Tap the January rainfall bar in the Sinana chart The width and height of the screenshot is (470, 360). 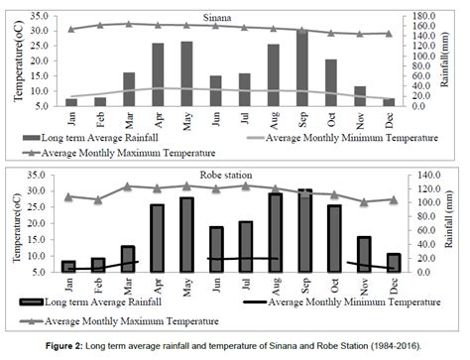[71, 102]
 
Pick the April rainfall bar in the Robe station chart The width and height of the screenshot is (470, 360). [156, 238]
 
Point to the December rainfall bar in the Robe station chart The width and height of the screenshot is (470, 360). [393, 262]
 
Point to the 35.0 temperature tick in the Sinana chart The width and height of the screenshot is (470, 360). [44, 16]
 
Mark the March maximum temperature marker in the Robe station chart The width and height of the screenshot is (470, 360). [126, 186]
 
